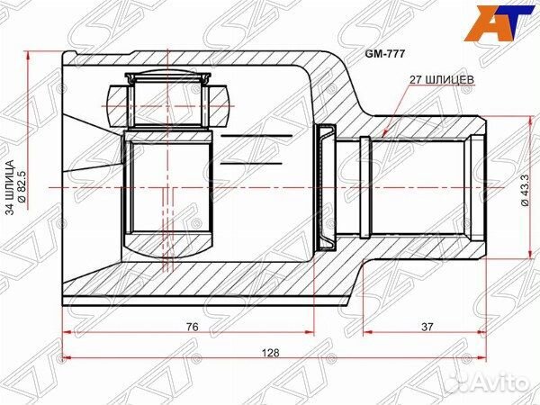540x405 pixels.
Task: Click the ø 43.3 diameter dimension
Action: (x=523, y=189)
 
